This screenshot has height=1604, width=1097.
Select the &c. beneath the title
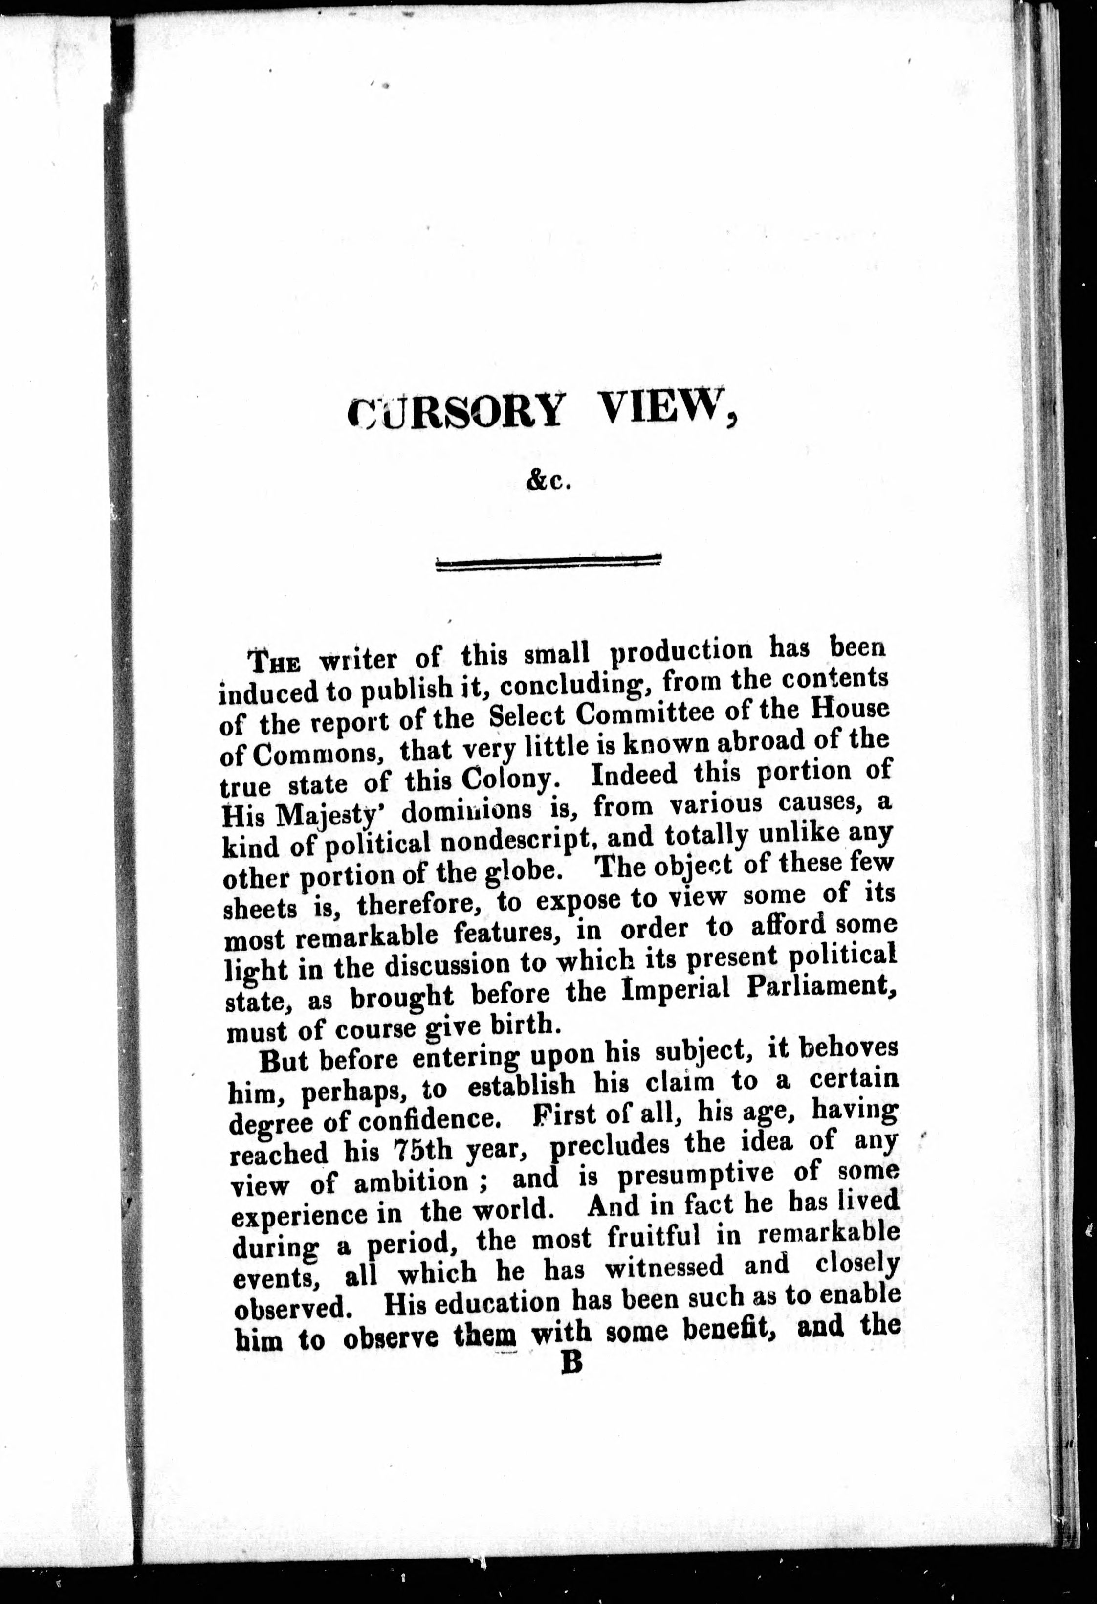pos(549,482)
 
